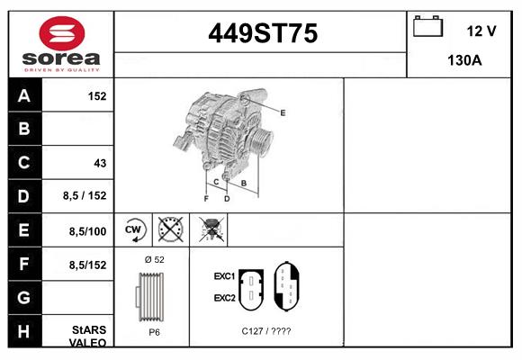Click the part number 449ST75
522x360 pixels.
[262, 34]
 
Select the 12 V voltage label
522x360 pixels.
[481, 31]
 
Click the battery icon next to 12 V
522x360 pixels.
[426, 27]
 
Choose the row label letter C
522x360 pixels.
[24, 163]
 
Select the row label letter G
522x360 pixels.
[24, 296]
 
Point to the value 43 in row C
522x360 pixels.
[100, 163]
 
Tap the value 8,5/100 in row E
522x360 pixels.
[88, 230]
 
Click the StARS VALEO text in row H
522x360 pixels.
[88, 336]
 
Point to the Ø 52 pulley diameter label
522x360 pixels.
[154, 259]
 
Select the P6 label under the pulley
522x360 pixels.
[154, 331]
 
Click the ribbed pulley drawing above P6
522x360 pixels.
[152, 296]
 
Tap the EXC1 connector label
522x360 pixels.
[224, 275]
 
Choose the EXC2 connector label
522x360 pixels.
[224, 297]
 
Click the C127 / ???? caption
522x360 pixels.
[265, 331]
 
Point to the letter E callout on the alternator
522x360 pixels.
[283, 112]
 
